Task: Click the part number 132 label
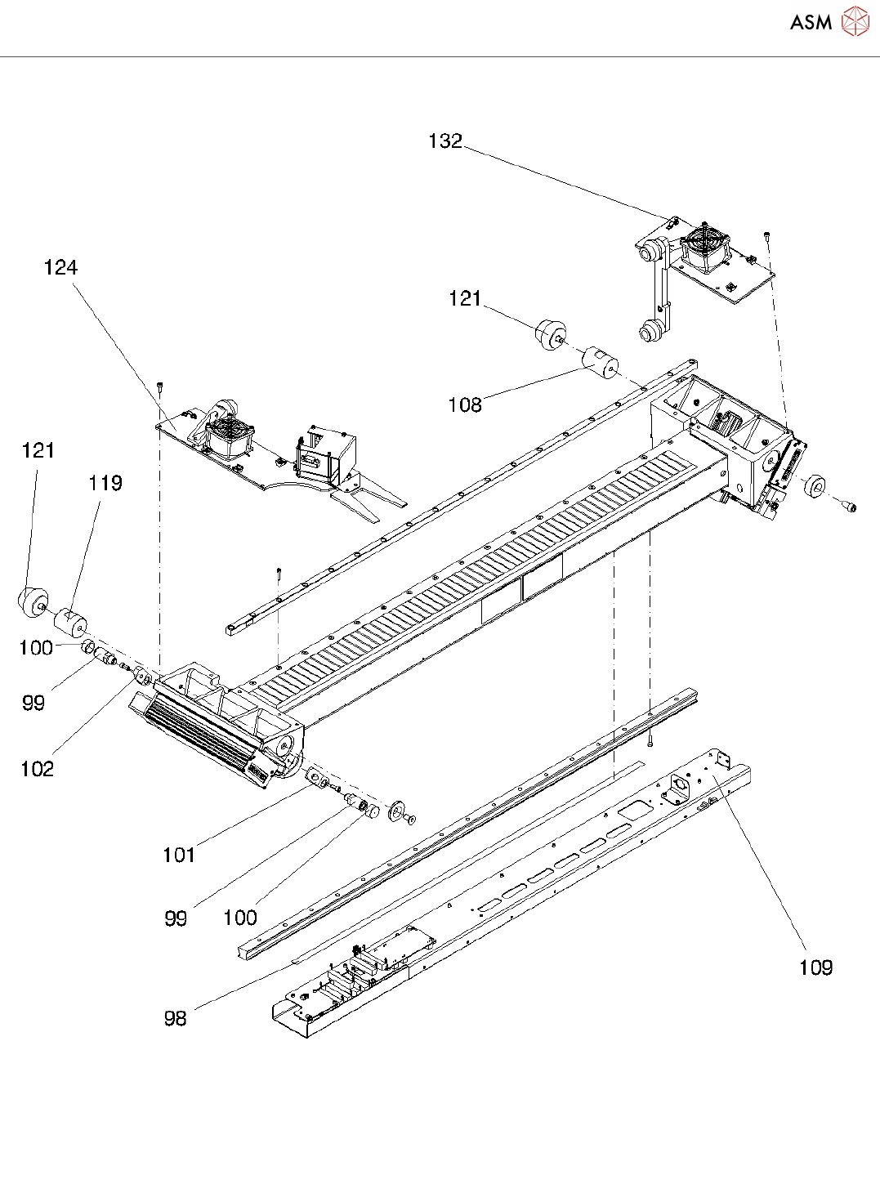(445, 141)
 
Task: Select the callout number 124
(60, 267)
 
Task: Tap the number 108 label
(465, 404)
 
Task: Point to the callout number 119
(105, 483)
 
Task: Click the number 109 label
(815, 967)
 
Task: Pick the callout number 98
(175, 1018)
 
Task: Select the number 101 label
(179, 856)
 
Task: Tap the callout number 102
(37, 769)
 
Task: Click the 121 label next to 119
(38, 450)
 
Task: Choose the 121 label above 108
(465, 298)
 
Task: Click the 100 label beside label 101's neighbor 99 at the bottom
(240, 918)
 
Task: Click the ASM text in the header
(811, 22)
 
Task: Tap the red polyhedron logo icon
(855, 21)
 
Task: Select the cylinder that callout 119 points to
(71, 623)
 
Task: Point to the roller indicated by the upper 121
(550, 335)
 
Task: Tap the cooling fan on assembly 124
(230, 436)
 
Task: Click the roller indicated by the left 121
(34, 602)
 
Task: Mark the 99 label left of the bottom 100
(176, 918)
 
